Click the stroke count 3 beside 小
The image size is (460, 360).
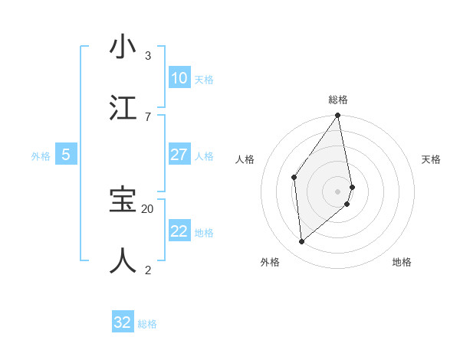tap(148, 56)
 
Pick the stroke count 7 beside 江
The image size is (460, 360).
tap(148, 116)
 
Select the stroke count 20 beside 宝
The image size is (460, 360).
tap(148, 208)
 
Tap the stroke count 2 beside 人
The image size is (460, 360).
tap(148, 269)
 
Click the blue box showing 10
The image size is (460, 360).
tap(179, 78)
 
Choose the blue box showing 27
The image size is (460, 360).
tap(179, 155)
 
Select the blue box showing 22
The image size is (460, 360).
tap(179, 231)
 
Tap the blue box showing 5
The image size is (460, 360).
tap(66, 155)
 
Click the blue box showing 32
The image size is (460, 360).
tap(123, 322)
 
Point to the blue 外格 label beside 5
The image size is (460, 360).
tap(41, 156)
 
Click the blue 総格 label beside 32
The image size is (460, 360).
tap(147, 324)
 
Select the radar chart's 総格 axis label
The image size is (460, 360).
tap(338, 100)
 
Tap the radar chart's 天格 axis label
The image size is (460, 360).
tap(432, 159)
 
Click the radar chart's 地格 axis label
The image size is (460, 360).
tap(402, 262)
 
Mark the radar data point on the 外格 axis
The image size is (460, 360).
tap(301, 241)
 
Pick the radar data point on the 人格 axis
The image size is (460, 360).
tap(294, 178)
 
